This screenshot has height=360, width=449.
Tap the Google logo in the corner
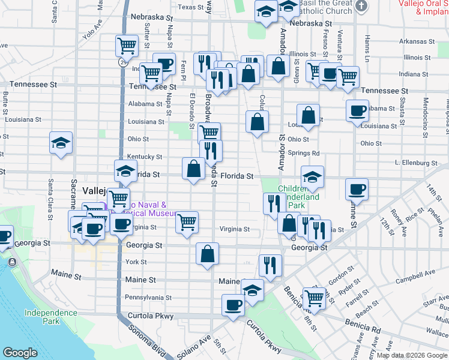point(20,353)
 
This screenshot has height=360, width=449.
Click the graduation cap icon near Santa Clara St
point(61,143)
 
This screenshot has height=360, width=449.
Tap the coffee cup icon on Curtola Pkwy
point(233,305)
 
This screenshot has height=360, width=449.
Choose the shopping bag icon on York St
point(207,253)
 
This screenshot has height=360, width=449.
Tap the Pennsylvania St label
point(148,297)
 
